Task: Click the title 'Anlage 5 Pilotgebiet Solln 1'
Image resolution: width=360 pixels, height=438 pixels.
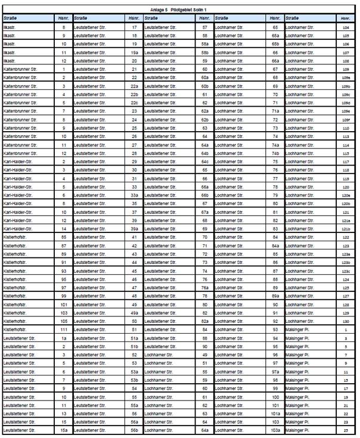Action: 179,10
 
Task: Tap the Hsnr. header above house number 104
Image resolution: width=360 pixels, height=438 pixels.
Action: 346,18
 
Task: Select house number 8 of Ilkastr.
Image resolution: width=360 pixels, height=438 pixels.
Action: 63,27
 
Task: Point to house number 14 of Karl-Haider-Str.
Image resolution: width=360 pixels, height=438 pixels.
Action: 63,229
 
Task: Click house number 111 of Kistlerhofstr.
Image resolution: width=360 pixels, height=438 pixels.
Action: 63,329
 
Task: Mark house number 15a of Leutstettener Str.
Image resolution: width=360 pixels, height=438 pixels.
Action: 63,430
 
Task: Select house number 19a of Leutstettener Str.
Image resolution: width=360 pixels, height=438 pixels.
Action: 135,52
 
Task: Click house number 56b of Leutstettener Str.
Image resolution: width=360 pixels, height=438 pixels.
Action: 135,430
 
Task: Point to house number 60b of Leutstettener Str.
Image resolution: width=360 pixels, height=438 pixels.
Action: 204,86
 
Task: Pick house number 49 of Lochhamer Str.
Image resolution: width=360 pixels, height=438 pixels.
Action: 204,354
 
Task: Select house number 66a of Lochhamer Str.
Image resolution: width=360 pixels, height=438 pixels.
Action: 275,61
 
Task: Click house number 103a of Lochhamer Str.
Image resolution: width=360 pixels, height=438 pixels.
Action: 275,430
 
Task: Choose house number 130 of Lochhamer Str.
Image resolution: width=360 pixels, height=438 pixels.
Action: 346,321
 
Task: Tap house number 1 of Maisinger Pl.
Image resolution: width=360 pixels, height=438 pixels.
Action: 346,329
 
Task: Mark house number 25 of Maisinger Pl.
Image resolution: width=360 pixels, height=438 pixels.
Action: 346,430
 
